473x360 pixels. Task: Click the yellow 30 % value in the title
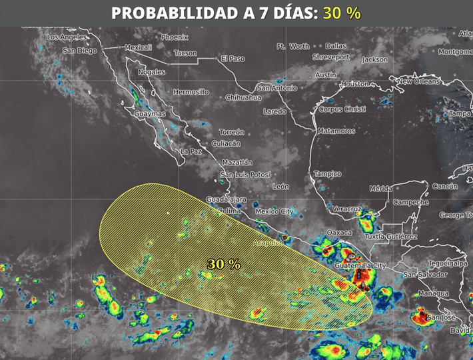(x=342, y=13)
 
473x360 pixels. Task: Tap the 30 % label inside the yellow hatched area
(x=224, y=264)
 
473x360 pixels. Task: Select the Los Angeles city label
(x=67, y=37)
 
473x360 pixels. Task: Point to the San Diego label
(x=79, y=51)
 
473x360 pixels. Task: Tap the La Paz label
(x=191, y=152)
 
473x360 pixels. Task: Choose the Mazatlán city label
(x=237, y=163)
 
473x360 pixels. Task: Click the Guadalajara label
(x=227, y=199)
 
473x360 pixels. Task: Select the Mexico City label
(x=274, y=211)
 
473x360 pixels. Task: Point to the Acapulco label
(x=267, y=243)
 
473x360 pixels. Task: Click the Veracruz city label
(x=346, y=209)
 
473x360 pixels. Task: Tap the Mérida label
(x=381, y=189)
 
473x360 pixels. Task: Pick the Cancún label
(x=444, y=187)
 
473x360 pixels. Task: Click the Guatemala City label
(x=360, y=266)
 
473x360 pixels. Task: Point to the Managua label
(x=433, y=293)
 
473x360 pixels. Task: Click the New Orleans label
(x=418, y=81)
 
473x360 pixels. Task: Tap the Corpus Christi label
(x=342, y=109)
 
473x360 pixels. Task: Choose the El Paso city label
(x=233, y=59)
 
